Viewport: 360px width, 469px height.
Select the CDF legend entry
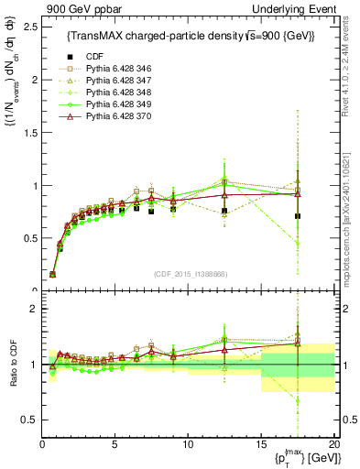pos(102,57)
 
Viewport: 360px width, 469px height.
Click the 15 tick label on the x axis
pos(260,444)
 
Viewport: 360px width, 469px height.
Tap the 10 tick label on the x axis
pos(188,444)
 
